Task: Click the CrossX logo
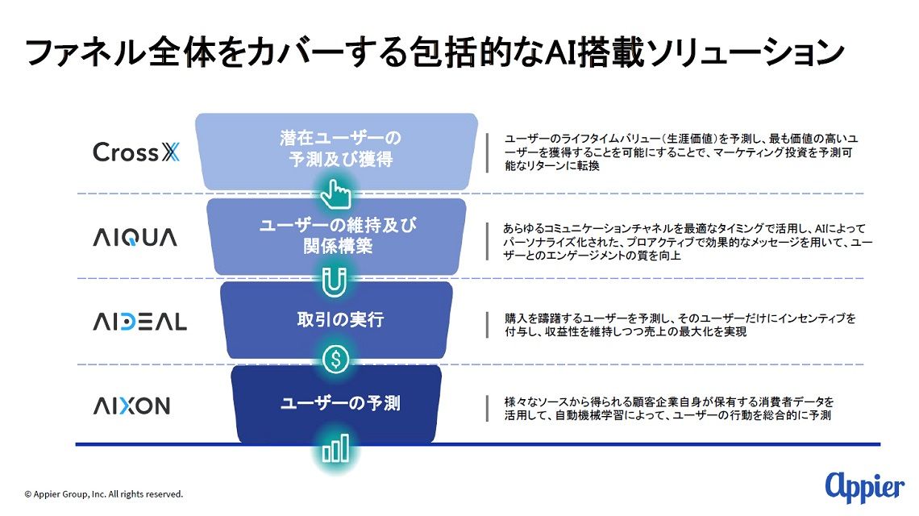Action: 136,152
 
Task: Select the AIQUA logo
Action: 135,238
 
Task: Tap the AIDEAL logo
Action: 140,322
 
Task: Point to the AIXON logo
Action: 132,406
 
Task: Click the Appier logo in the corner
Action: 864,487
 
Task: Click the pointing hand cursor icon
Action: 336,194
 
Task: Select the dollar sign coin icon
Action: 336,359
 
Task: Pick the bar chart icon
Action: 335,448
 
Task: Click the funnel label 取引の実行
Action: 340,319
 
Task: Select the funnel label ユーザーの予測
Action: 340,403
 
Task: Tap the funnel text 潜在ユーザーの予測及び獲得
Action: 340,149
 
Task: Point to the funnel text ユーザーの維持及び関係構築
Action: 339,235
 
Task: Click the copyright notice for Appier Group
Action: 104,494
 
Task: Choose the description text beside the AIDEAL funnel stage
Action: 680,325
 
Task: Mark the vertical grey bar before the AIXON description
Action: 487,409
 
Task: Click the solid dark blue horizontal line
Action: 478,444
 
